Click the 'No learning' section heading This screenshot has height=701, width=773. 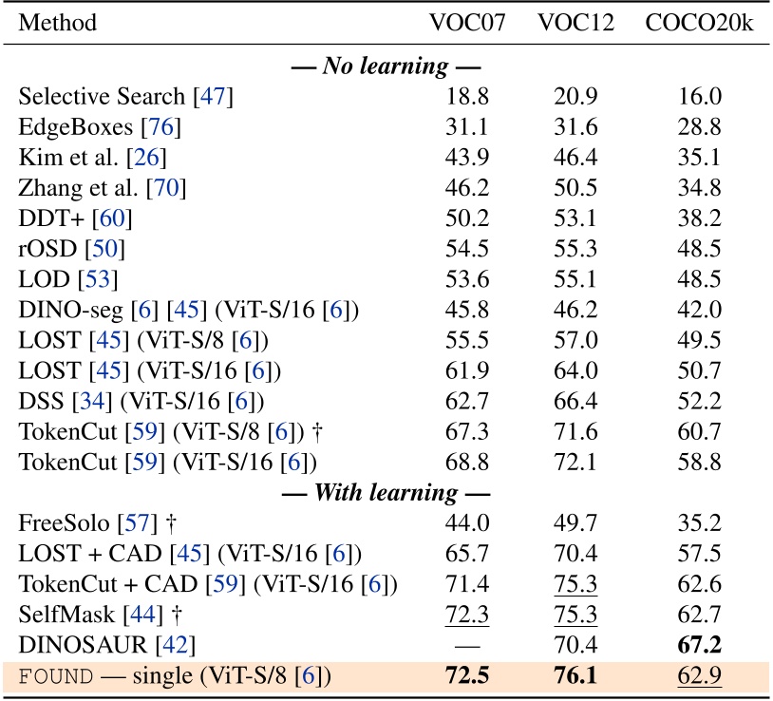click(x=386, y=67)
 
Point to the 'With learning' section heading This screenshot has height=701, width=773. click(x=386, y=493)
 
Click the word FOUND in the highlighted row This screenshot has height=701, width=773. click(x=56, y=675)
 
